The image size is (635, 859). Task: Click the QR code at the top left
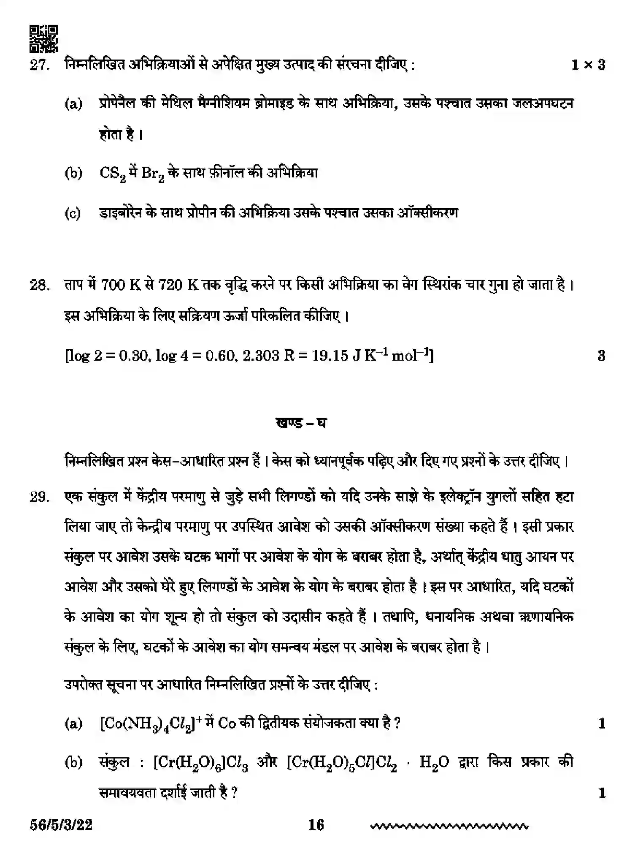coord(43,39)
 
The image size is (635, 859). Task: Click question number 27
coord(39,66)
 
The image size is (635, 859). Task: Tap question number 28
coord(39,285)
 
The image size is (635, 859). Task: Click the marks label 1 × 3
coord(588,65)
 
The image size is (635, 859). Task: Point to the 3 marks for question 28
coord(602,356)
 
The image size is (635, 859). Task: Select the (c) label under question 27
coord(73,214)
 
